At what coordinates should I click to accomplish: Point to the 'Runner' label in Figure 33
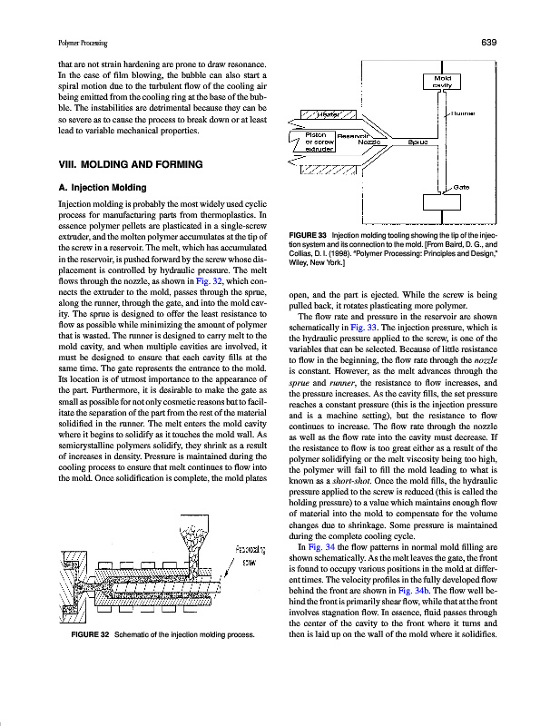(466, 113)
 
